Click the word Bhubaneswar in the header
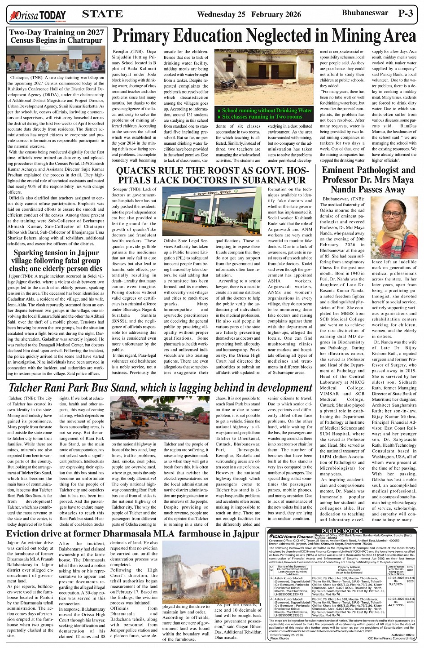point(365,13)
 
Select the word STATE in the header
point(103,14)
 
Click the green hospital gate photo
point(212,212)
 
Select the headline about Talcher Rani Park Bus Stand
point(154,388)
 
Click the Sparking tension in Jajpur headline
point(56,261)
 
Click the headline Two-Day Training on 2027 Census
point(56,36)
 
